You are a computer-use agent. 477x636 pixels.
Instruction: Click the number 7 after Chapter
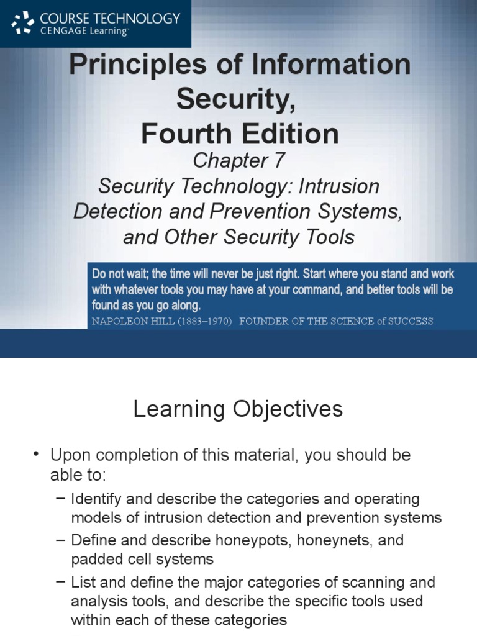point(278,160)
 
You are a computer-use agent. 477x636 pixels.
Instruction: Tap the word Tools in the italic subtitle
point(328,237)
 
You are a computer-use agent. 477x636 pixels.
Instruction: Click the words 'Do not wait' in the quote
point(120,274)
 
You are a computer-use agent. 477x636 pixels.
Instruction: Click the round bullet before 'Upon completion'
point(37,455)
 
